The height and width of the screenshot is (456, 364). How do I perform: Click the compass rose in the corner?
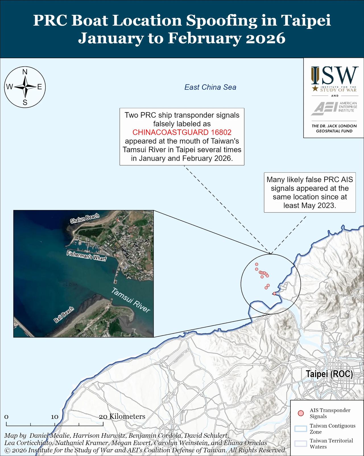point(25,87)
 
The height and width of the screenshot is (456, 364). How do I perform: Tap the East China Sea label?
point(210,87)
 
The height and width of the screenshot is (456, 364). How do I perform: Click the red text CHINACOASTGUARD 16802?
point(182,133)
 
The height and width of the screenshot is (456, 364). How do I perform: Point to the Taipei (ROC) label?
point(329,374)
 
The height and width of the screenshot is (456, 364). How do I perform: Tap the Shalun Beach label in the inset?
point(85,218)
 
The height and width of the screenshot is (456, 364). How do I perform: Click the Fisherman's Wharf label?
point(86,256)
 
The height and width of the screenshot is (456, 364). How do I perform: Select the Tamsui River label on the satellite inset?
point(131,300)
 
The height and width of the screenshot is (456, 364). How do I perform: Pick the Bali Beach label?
point(64,315)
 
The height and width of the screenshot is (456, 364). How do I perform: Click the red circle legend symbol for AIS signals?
point(300,413)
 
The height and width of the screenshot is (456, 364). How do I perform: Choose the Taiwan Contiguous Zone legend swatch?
point(300,429)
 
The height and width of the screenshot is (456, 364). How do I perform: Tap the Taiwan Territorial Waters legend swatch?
point(300,443)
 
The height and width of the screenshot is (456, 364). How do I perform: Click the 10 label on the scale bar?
point(55,417)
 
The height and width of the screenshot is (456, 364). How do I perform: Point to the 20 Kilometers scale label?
point(122,417)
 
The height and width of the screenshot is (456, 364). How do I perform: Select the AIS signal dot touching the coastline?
point(274,294)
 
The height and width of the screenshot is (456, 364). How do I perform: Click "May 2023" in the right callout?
point(320,205)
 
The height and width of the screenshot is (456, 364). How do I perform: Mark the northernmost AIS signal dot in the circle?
point(257,264)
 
